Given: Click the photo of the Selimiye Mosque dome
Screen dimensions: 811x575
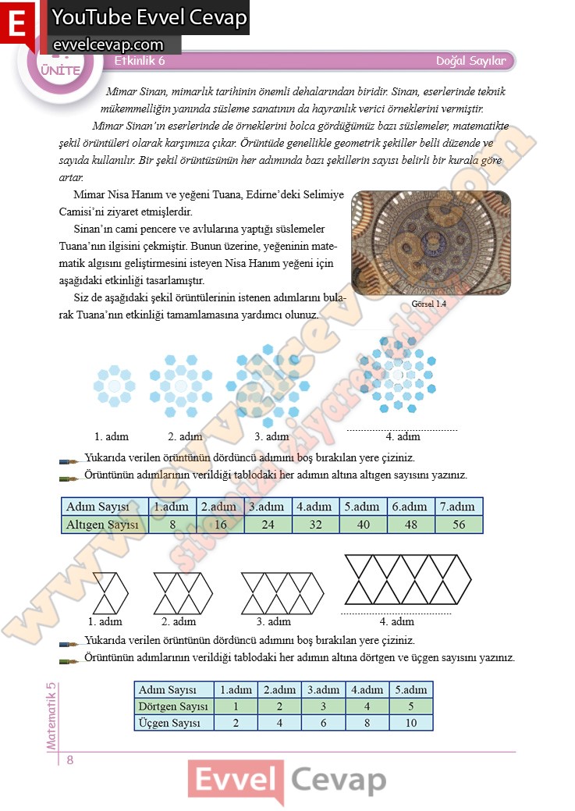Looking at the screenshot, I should [431, 243].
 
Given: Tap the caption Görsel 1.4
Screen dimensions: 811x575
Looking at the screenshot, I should [428, 305].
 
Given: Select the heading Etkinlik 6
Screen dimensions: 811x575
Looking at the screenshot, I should [140, 61].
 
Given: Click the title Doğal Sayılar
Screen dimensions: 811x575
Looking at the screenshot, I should [470, 61].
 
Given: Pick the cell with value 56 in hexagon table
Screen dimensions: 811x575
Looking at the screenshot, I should [459, 525].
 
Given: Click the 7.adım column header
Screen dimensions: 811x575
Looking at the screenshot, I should [459, 507].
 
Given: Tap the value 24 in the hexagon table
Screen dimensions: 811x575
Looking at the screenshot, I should [268, 525].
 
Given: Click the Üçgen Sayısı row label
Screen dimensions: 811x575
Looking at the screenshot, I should [169, 723].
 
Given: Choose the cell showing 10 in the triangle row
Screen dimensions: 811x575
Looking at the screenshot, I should [411, 723].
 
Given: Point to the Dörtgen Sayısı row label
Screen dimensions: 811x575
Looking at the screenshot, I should [173, 706].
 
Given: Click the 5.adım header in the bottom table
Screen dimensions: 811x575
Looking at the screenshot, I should [411, 690].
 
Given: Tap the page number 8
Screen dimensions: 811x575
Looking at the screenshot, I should [69, 761].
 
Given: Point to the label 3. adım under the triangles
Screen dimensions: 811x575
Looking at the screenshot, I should [273, 622].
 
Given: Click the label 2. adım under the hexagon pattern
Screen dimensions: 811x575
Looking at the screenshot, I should [185, 436].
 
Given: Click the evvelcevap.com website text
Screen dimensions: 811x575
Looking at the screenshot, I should [108, 45].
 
